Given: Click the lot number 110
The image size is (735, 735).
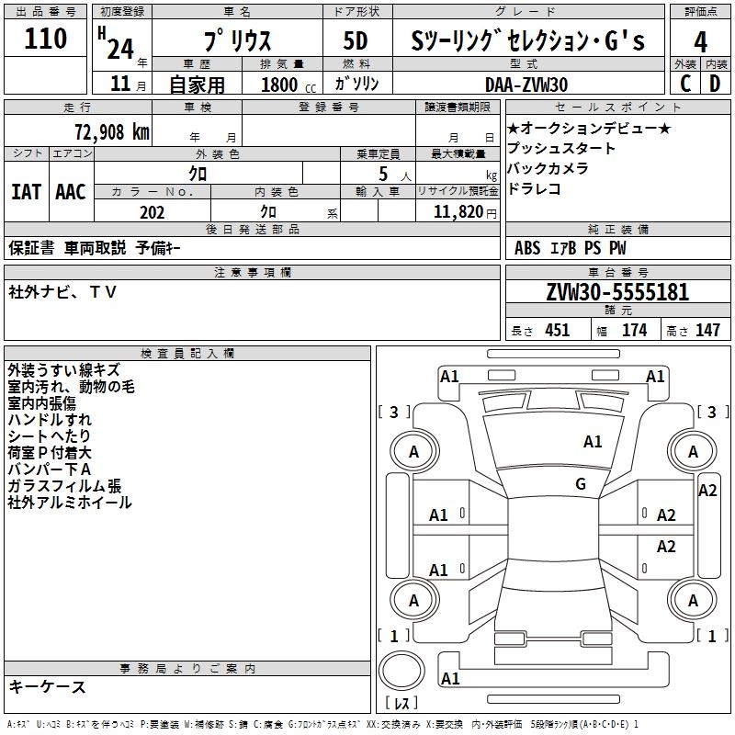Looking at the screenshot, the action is [47, 40].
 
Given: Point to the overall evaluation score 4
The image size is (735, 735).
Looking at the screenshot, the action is [701, 41].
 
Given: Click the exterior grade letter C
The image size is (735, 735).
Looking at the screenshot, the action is [684, 84].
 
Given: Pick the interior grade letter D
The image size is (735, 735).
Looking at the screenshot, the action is [715, 84].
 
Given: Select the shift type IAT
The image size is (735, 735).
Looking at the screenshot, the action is [26, 192].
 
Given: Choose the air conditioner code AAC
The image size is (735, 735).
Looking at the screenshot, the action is [71, 192].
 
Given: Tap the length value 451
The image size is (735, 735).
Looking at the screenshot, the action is [557, 331].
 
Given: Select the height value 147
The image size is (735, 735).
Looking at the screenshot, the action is [707, 331].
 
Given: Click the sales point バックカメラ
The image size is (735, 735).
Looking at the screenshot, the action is [548, 169].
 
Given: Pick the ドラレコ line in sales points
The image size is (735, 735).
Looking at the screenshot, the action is [534, 189].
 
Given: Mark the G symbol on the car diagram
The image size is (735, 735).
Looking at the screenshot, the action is [581, 484].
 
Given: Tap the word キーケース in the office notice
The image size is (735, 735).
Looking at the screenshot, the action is [47, 687].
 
